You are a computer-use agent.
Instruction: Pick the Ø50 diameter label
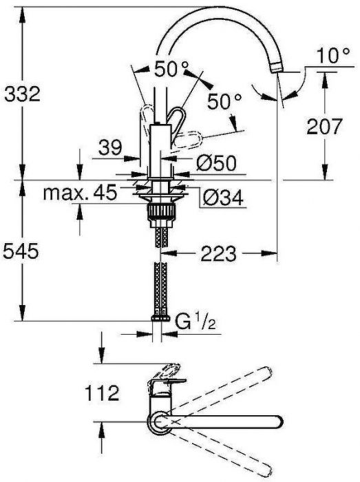coord(217,163)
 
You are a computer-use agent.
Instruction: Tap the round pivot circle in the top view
coord(159,421)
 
